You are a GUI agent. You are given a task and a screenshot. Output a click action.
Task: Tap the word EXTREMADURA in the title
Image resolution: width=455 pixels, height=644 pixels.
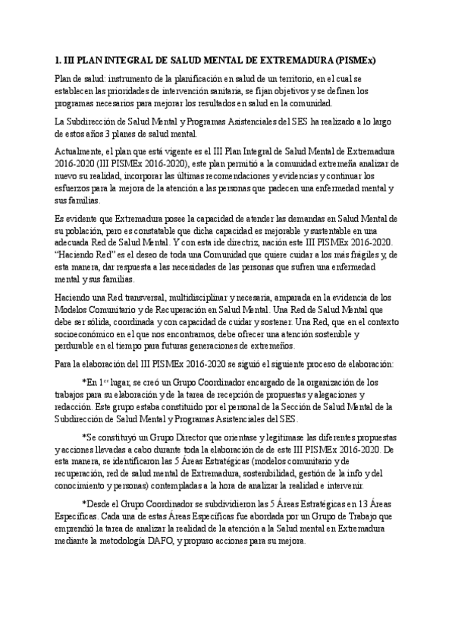coord(282,58)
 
